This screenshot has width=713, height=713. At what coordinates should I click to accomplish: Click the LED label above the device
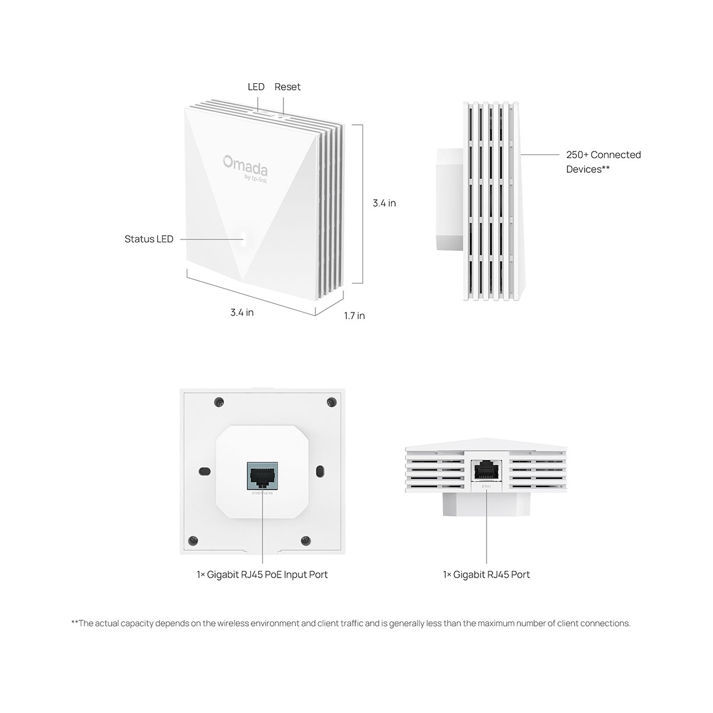pyautogui.click(x=256, y=87)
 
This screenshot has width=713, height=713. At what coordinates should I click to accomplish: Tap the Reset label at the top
pyautogui.click(x=288, y=87)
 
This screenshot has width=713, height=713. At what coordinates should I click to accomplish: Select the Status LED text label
pyautogui.click(x=149, y=239)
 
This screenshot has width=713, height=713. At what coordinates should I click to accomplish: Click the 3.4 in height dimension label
pyautogui.click(x=384, y=203)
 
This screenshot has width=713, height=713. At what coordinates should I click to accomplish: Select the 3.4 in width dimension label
pyautogui.click(x=242, y=312)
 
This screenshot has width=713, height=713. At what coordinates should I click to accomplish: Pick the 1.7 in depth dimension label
pyautogui.click(x=354, y=316)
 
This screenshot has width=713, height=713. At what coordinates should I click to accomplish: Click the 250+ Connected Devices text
pyautogui.click(x=602, y=162)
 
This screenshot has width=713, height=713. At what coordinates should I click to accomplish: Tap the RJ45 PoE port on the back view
pyautogui.click(x=262, y=475)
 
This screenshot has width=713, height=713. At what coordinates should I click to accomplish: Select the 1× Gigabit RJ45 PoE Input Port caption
pyautogui.click(x=262, y=575)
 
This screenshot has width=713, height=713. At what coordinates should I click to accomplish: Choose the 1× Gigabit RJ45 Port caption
pyautogui.click(x=486, y=575)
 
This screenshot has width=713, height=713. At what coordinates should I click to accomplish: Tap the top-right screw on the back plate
pyautogui.click(x=330, y=402)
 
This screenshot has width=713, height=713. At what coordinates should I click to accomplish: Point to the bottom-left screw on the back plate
pyautogui.click(x=193, y=540)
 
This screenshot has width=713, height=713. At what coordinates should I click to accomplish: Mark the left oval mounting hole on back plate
pyautogui.click(x=204, y=471)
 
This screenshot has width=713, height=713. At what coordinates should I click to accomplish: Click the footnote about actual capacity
pyautogui.click(x=351, y=623)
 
